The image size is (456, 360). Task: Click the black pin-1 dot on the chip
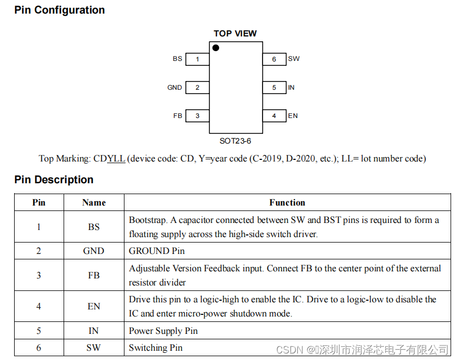[216, 48]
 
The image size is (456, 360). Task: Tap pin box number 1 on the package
[197, 59]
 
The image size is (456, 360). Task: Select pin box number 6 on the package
[274, 59]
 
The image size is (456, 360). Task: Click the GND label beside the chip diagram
[174, 88]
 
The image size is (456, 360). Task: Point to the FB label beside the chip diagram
[178, 116]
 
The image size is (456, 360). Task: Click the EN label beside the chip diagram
[293, 116]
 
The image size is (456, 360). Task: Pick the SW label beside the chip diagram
[294, 59]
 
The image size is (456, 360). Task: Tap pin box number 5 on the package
[274, 88]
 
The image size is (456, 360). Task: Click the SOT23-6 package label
[235, 141]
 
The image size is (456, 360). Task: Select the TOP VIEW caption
[235, 34]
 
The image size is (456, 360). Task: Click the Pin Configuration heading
[60, 10]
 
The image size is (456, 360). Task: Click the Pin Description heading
[54, 180]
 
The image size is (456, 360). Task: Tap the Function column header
[287, 203]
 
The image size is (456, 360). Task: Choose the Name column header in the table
[94, 203]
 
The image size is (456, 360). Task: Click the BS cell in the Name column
[94, 227]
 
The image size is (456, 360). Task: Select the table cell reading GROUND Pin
[157, 251]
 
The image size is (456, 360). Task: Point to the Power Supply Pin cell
[163, 331]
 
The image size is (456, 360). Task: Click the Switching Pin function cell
[155, 347]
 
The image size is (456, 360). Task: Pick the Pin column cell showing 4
[39, 306]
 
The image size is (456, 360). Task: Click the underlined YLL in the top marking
[116, 159]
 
